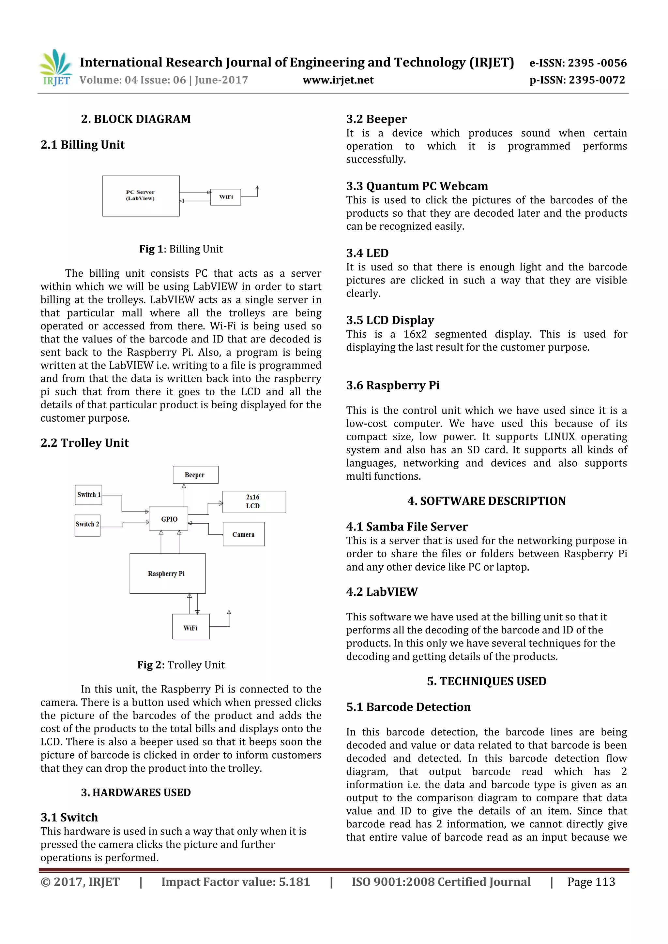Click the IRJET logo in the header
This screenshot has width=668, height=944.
click(55, 68)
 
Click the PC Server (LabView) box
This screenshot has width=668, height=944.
click(141, 196)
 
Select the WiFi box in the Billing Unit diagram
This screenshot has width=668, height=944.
click(225, 197)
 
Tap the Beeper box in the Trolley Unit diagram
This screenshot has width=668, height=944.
click(195, 475)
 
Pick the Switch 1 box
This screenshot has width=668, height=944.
click(88, 495)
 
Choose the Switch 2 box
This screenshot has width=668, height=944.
click(87, 525)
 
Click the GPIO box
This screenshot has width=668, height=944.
click(169, 519)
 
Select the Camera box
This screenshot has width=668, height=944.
click(244, 534)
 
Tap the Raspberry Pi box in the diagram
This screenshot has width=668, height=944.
click(167, 573)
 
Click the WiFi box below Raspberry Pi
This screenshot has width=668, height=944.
click(190, 627)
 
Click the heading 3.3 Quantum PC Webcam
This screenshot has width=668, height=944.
click(417, 186)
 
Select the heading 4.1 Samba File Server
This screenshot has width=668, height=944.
click(407, 527)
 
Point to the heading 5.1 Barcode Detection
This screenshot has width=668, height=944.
click(408, 707)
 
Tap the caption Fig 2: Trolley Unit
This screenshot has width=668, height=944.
click(181, 665)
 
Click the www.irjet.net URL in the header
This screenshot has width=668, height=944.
click(338, 80)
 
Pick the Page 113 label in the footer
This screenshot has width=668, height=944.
click(591, 882)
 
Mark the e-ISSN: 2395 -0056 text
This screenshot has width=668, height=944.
click(577, 63)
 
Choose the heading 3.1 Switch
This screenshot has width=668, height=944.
click(69, 817)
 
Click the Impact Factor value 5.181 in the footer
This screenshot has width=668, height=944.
click(235, 882)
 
